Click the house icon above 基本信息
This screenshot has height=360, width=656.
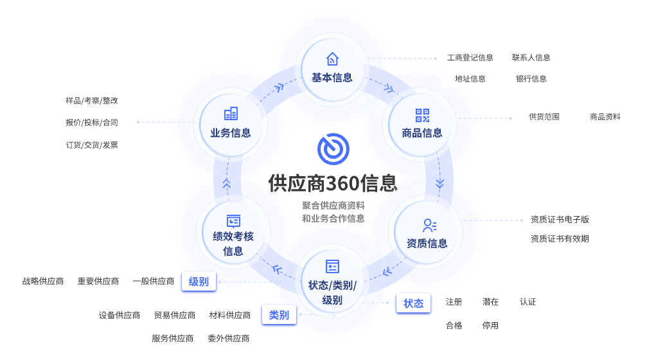[x=332, y=59]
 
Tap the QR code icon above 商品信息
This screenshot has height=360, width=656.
[x=422, y=116]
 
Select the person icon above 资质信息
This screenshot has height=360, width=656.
[x=429, y=226]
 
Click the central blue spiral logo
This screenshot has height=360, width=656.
[x=333, y=148]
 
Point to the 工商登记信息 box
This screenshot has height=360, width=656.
[x=470, y=57]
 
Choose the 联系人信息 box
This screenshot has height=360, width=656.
[x=531, y=57]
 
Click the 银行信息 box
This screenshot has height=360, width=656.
[x=531, y=78]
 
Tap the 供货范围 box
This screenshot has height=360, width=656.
[x=544, y=116]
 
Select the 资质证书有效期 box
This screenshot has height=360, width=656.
[x=560, y=239]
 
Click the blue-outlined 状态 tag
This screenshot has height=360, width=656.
[x=413, y=303]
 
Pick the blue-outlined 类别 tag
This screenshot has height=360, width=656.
[x=279, y=315]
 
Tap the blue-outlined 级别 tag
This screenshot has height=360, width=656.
[x=199, y=282]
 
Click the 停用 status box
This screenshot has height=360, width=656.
[x=490, y=325]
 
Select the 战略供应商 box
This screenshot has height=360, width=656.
[x=43, y=281]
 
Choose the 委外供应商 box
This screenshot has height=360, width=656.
[x=229, y=338]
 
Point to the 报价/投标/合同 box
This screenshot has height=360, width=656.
[x=92, y=122]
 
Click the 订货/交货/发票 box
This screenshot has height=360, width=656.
[x=92, y=145]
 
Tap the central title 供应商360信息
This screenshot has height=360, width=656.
[x=333, y=184]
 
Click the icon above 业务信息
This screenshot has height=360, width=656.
[x=231, y=114]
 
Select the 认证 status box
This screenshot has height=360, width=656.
[x=528, y=301]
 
